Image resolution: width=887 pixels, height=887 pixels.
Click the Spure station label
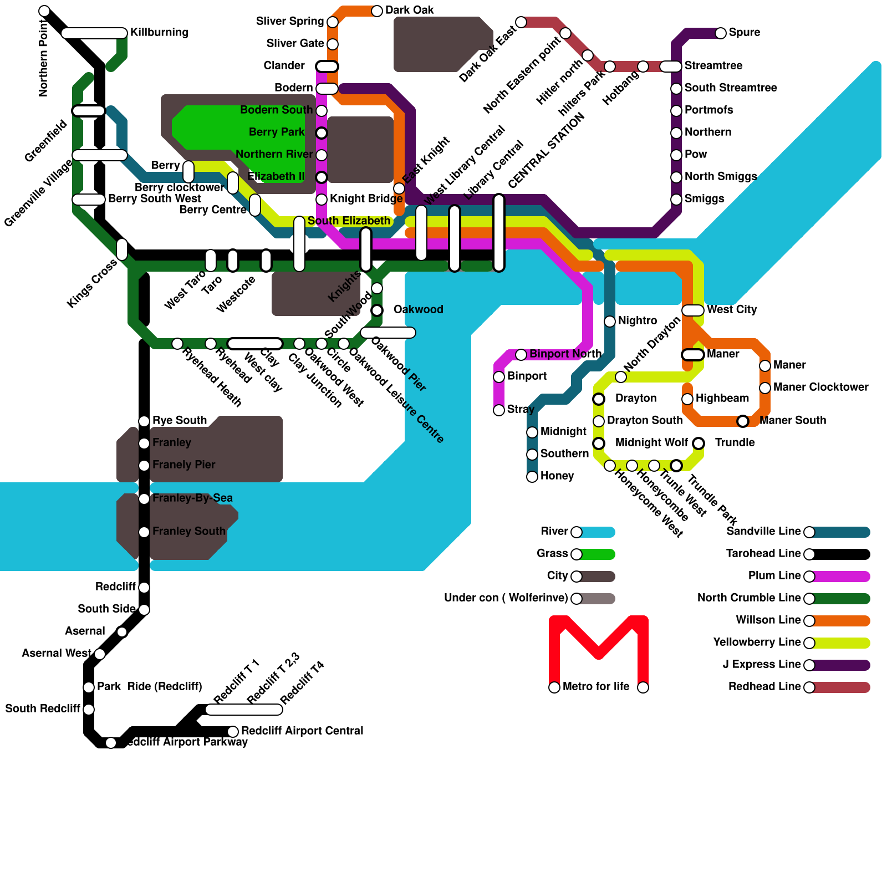coord(744,32)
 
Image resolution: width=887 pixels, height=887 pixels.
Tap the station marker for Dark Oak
coord(377,11)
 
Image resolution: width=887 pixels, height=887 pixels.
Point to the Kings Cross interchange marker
coord(122,249)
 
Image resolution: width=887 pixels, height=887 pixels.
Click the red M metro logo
coord(599,643)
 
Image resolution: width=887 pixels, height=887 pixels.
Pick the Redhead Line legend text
coord(764,687)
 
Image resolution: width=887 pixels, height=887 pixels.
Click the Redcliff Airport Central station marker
coord(233,732)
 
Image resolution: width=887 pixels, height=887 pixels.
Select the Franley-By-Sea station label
coord(192,498)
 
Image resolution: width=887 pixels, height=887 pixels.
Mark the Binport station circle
coord(499,377)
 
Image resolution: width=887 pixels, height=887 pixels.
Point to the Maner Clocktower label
coord(820,387)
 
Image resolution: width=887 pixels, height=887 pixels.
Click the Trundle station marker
coord(699,443)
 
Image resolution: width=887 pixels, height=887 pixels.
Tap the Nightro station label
coord(637,320)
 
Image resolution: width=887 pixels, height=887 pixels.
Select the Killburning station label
coord(159,32)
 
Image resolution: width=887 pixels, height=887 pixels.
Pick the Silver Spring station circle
coord(333,22)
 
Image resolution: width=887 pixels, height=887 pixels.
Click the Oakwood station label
coord(418,309)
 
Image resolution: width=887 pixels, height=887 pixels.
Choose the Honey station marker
coord(532,477)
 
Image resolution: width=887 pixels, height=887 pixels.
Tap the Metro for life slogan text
coord(596,687)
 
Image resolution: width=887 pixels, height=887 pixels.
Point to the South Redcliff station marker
coord(89,710)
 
